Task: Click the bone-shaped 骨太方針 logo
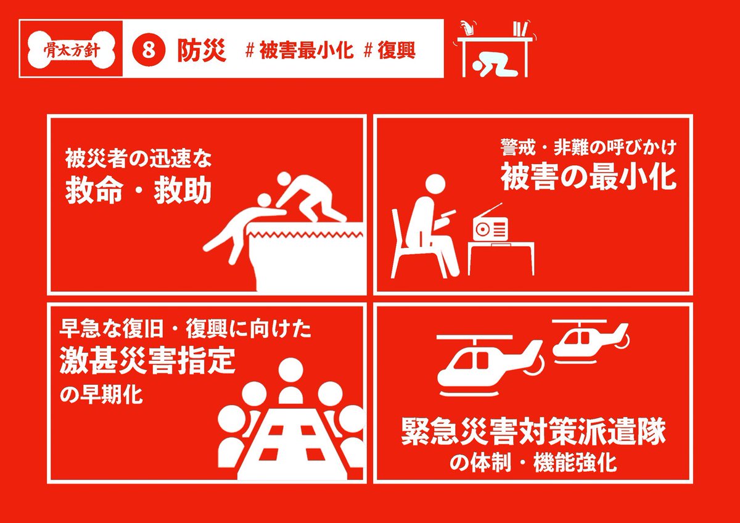72,50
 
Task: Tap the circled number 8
149,50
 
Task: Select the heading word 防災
202,50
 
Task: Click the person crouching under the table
493,67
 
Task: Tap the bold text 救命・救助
138,191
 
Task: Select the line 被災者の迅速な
138,159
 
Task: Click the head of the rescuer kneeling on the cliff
284,179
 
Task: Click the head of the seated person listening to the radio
435,186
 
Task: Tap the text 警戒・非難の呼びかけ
588,147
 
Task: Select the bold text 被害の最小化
588,178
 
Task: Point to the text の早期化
101,395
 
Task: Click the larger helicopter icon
490,365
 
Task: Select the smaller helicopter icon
591,341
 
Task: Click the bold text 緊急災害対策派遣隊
533,432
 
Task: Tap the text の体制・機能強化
533,463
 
